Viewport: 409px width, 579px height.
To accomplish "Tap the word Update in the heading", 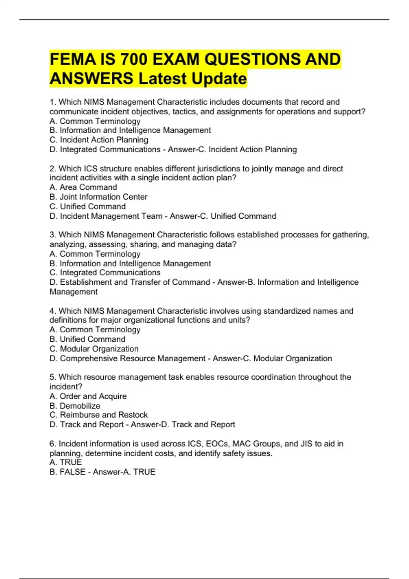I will coord(219,79).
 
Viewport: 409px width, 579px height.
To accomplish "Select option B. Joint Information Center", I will coord(99,197).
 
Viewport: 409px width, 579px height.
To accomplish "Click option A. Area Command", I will coord(83,187).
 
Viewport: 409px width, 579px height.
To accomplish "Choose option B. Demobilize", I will coord(75,406).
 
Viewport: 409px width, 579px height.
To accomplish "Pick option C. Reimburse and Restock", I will coord(99,415).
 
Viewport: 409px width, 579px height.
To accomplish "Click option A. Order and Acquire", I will coord(88,396).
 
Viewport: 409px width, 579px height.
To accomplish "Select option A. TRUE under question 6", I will coord(66,462).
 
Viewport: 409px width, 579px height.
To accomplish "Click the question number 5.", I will coord(52,377).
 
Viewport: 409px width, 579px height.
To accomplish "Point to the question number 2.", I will coord(52,169).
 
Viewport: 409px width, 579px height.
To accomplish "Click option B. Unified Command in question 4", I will coord(88,339).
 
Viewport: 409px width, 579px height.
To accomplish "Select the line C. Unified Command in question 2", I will coord(88,206).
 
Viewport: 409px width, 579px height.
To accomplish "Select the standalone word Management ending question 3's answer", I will coord(74,292).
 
